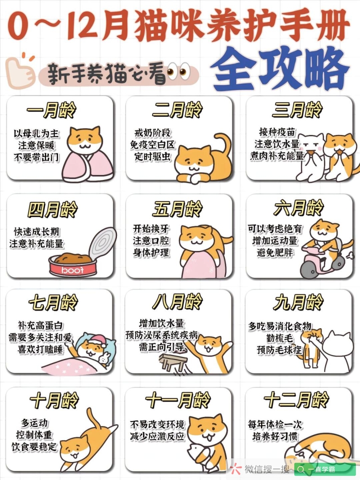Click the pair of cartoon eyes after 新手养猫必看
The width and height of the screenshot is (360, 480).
[179, 72]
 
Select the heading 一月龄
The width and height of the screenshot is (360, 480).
[51, 109]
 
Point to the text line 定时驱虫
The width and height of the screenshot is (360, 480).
[152, 156]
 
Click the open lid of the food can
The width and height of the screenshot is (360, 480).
[103, 243]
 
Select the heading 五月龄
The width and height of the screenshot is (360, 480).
[178, 209]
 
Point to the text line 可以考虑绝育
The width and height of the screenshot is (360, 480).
[275, 229]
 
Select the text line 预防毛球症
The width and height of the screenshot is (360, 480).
[279, 350]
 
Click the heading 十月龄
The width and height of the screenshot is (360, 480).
[54, 400]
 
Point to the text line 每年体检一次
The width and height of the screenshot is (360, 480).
[275, 425]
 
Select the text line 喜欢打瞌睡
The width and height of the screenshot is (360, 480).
[40, 349]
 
